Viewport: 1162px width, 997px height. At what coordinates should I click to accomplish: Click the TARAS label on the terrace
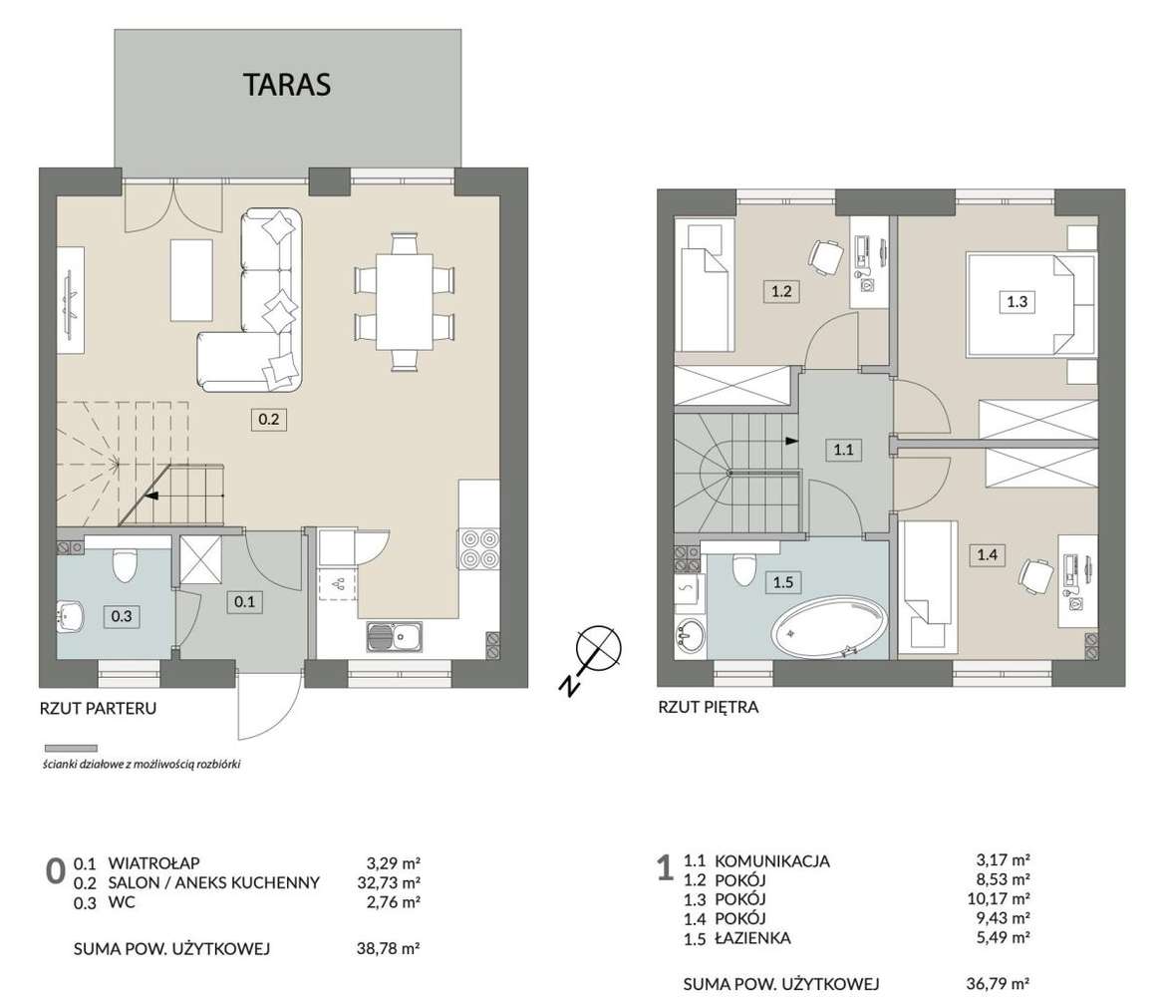click(x=287, y=85)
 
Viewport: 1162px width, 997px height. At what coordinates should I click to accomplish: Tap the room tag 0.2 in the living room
click(x=268, y=420)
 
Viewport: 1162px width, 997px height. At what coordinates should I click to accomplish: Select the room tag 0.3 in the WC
click(x=122, y=616)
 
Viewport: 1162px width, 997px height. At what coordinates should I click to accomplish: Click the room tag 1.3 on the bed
click(x=1017, y=302)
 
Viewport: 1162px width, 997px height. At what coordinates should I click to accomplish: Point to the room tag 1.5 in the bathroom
click(x=782, y=582)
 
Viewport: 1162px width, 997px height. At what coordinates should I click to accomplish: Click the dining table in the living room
click(x=404, y=301)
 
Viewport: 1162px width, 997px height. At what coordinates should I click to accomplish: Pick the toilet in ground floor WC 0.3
click(x=123, y=565)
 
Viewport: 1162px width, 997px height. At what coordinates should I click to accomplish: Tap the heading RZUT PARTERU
click(x=98, y=708)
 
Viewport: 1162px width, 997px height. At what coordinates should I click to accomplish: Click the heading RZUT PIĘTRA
click(x=709, y=707)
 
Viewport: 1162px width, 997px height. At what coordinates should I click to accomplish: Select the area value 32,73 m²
click(x=389, y=883)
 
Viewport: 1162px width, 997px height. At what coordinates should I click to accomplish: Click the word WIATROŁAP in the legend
click(x=154, y=863)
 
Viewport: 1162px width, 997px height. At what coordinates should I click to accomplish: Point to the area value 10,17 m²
click(x=999, y=899)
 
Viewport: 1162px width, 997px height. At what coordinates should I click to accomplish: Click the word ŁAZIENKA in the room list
click(x=752, y=938)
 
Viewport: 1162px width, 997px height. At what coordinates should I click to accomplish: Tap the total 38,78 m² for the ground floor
click(x=389, y=949)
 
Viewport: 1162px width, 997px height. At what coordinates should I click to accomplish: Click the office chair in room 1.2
click(x=824, y=256)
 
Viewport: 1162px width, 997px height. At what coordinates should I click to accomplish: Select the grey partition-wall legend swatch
click(x=71, y=749)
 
